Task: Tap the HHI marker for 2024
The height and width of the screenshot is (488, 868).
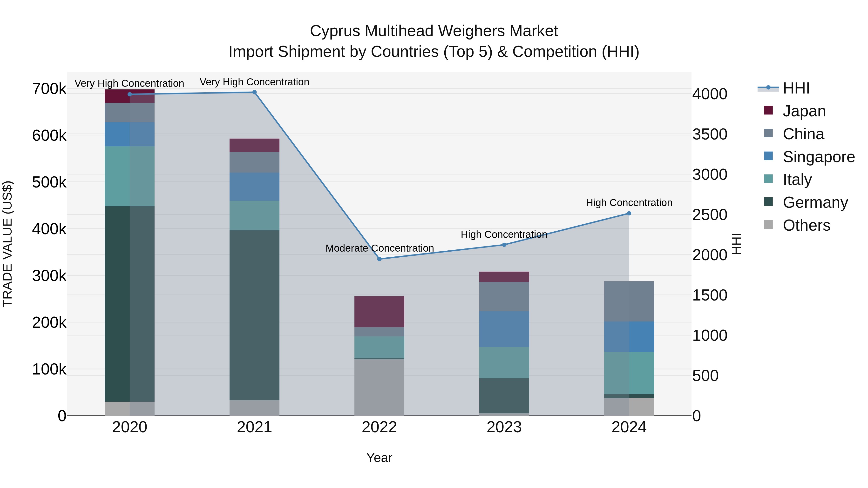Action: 629,213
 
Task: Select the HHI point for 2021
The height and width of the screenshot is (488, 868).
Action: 254,92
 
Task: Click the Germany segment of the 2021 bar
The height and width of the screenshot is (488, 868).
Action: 254,315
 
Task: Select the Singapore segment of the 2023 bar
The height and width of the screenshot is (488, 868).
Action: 504,329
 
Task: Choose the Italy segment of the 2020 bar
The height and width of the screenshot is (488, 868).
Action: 130,176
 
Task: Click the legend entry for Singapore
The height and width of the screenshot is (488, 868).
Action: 819,157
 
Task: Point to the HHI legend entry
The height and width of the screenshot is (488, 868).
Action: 796,88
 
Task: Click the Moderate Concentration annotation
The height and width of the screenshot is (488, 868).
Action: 380,248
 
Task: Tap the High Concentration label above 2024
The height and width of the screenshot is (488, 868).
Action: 629,203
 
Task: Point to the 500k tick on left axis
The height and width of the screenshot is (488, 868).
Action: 49,182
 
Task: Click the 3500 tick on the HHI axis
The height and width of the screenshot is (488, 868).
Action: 710,134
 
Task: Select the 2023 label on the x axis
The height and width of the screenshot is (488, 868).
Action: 504,427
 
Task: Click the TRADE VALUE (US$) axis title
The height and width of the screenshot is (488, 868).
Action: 7,244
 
